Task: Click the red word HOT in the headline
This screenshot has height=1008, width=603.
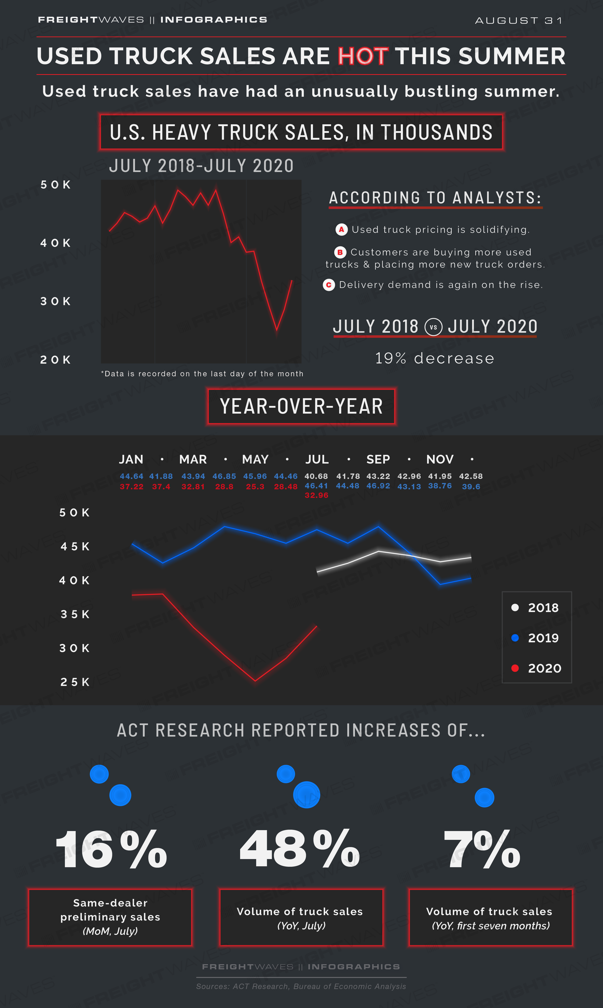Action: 363,56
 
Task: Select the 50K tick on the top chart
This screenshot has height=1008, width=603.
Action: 56,185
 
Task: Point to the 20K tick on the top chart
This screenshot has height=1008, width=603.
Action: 56,360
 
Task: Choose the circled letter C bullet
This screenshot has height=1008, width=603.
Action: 329,285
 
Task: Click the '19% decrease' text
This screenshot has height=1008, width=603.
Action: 434,358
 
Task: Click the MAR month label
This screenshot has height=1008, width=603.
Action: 193,459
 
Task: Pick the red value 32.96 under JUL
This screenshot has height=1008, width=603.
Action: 317,495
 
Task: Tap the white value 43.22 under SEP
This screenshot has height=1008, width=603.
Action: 378,476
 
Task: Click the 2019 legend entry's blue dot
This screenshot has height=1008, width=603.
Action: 515,638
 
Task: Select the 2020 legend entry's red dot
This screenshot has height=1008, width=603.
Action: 515,668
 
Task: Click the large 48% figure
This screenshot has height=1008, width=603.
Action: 300,849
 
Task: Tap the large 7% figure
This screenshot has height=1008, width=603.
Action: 482,849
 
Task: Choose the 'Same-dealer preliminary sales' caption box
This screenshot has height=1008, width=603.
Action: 110,917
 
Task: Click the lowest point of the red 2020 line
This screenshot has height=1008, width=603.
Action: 255,681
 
